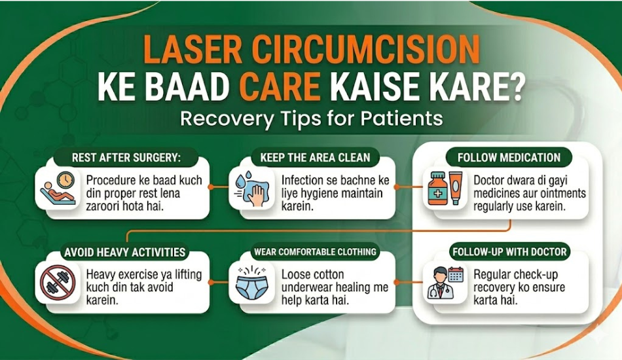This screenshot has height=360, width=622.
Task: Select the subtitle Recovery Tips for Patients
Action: [311, 119]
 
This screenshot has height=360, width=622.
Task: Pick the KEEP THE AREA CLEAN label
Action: [315, 158]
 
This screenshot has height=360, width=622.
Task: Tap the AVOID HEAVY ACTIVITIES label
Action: [124, 252]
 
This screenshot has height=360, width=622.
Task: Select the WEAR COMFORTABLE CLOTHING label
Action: [315, 252]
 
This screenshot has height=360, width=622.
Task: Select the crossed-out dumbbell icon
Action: [58, 281]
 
